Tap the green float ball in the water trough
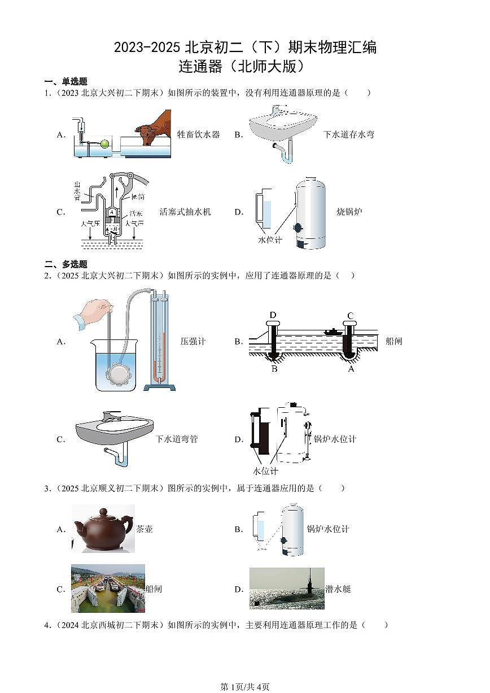coord(104,144)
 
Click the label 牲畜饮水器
coord(198,134)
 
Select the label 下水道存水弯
coord(348,134)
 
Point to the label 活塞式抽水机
coord(185,212)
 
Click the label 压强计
coord(193,341)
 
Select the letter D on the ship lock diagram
coord(273,315)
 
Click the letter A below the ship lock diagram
coord(351,369)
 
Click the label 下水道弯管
coord(177,439)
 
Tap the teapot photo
coord(103,528)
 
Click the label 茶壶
coord(145,529)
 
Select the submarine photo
coord(287,589)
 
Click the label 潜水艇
coord(338,589)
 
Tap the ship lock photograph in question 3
coord(108,588)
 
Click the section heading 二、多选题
coord(66,264)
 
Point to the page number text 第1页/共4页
coord(244,686)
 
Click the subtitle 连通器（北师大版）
coord(244,67)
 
